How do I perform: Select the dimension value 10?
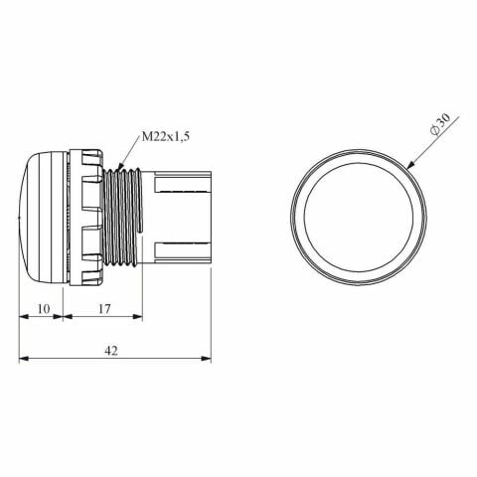(41, 308)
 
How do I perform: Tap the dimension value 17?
(103, 308)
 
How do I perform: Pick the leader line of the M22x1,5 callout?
(130, 153)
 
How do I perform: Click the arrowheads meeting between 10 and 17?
(62, 318)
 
